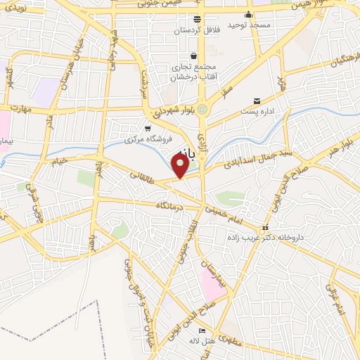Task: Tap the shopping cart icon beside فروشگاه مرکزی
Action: pyautogui.click(x=147, y=128)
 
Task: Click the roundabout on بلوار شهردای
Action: pyautogui.click(x=202, y=110)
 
